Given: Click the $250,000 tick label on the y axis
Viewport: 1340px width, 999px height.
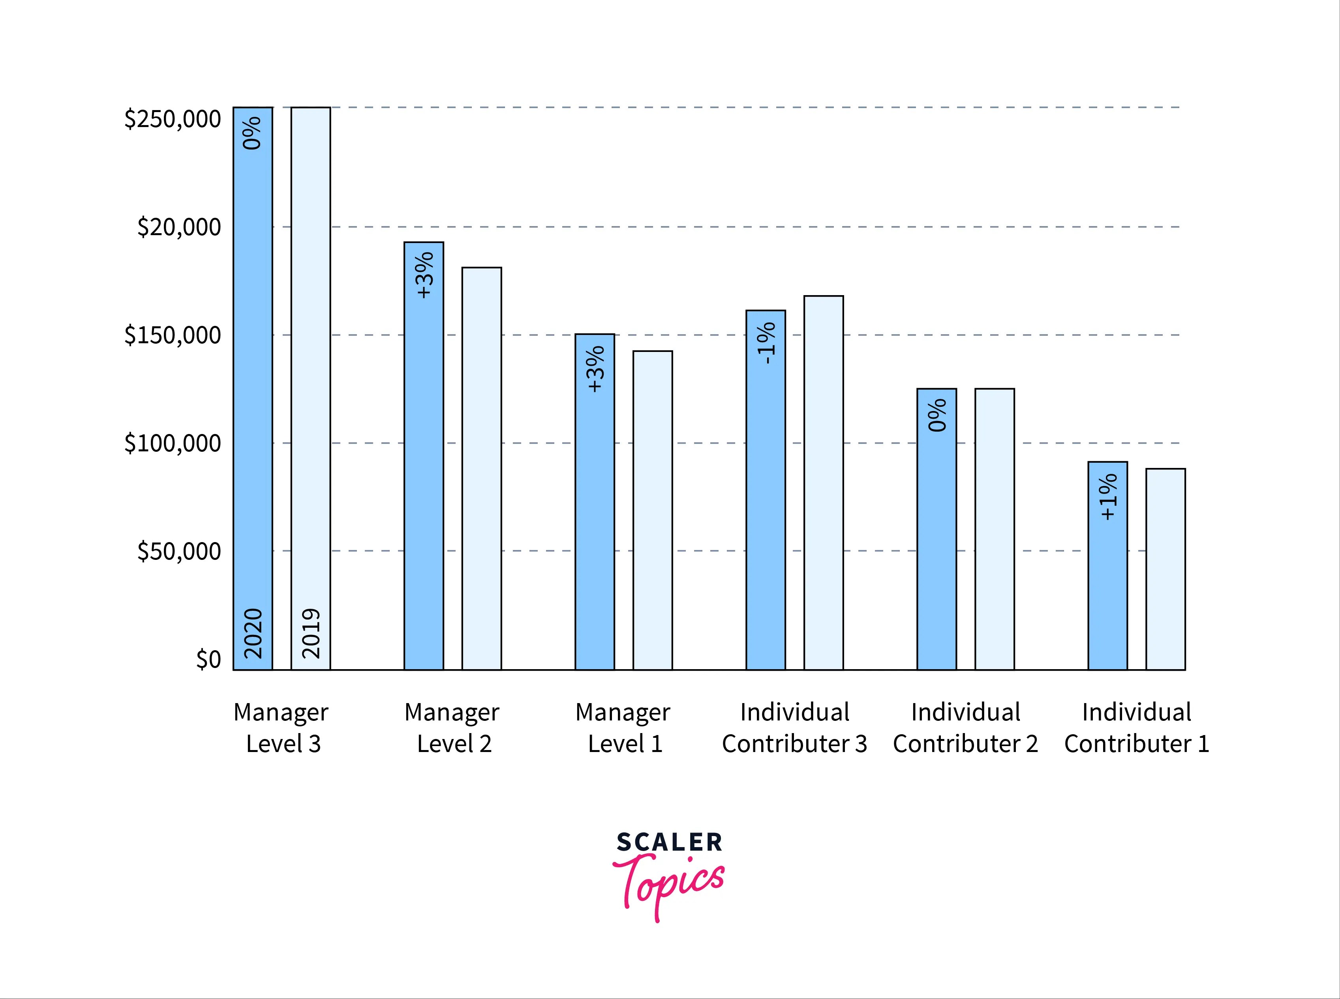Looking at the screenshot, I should (x=173, y=119).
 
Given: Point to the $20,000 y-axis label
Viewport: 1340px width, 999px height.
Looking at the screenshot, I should (x=179, y=227).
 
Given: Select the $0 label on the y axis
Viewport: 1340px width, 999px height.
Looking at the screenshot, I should (x=208, y=659).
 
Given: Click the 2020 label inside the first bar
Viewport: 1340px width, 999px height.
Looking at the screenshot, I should (x=253, y=633).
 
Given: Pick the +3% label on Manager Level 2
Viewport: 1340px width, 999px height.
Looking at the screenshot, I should (x=425, y=275).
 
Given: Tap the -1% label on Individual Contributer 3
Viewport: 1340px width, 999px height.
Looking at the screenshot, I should (x=766, y=343).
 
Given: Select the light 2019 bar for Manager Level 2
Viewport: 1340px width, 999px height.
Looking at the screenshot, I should (x=482, y=469).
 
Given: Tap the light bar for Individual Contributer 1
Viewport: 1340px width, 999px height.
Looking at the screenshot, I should (x=1165, y=569).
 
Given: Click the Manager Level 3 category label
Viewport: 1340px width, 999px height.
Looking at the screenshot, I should (x=282, y=728).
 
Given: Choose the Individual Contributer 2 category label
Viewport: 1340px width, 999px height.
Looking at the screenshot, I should (x=966, y=728).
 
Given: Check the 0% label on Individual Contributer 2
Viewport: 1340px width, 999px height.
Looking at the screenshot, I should (x=936, y=415).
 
